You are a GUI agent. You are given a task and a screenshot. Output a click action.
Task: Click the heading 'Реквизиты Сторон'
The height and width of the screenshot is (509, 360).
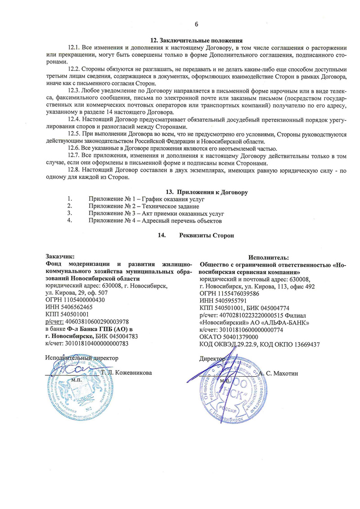point(207,235)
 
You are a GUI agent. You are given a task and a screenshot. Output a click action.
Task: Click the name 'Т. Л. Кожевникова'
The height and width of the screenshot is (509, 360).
point(126,373)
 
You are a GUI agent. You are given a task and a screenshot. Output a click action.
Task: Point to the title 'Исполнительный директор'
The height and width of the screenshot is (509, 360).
point(82,358)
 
